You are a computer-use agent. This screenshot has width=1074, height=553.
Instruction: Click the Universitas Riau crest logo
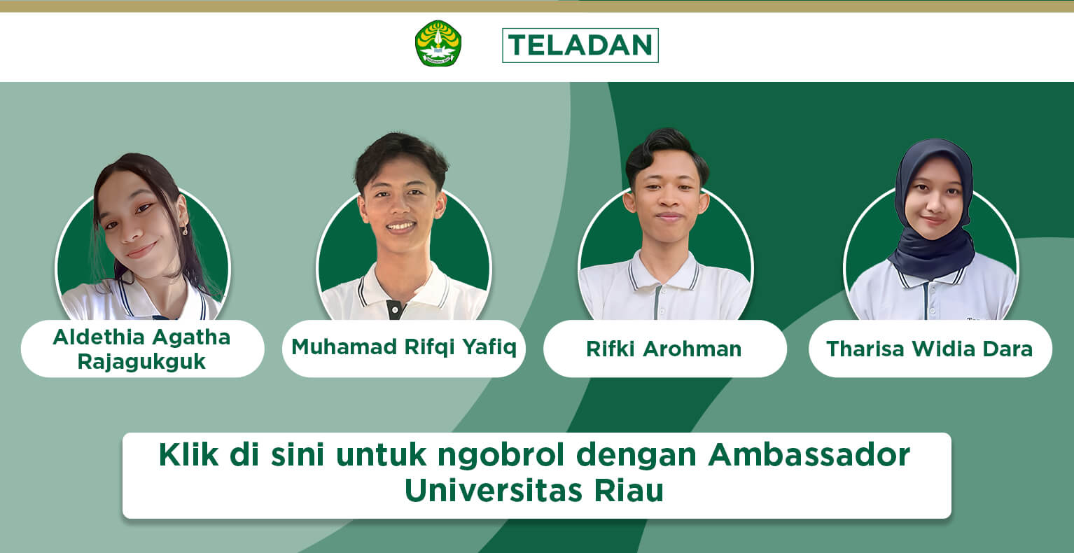click(x=438, y=43)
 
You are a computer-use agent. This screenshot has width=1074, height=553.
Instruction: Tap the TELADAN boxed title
click(x=580, y=45)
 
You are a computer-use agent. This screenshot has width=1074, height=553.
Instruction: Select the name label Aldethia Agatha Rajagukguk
click(x=142, y=349)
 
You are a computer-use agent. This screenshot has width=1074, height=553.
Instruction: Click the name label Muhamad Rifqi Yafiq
click(x=404, y=349)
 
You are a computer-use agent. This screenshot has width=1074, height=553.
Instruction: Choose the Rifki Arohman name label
click(x=664, y=349)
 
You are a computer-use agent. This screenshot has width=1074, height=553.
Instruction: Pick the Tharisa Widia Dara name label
click(x=930, y=349)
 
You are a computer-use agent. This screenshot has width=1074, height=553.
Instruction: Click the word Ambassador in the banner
click(x=809, y=454)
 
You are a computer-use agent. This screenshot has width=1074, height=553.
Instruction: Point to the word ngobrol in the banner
click(x=501, y=456)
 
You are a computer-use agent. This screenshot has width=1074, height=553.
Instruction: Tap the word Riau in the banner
click(x=629, y=491)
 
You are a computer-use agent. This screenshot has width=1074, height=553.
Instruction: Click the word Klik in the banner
click(x=188, y=454)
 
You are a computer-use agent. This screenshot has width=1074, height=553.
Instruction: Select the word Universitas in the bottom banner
click(x=494, y=491)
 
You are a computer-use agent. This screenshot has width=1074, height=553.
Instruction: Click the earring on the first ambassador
click(x=185, y=230)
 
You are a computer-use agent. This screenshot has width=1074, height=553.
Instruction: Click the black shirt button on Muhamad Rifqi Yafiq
click(x=395, y=310)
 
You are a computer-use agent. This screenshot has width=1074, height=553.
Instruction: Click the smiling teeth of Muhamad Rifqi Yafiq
click(x=401, y=226)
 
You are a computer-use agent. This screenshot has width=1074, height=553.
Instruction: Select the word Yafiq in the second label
click(x=489, y=347)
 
